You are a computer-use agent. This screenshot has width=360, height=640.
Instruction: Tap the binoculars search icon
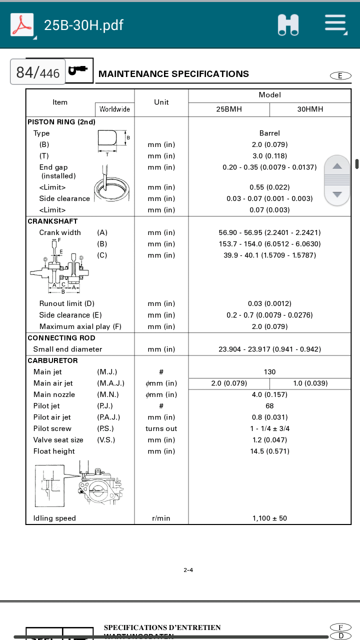click(288, 25)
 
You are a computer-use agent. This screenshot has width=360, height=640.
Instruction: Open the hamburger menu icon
click(335, 24)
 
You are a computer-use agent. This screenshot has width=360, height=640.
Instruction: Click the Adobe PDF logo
click(22, 25)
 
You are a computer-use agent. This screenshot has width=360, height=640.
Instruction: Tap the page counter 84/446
click(37, 73)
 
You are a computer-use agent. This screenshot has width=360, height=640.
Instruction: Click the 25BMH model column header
click(229, 109)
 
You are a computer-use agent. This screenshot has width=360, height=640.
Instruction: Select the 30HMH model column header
click(310, 109)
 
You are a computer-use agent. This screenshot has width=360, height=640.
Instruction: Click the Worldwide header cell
click(114, 109)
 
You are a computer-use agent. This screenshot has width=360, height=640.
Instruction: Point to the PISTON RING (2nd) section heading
click(61, 121)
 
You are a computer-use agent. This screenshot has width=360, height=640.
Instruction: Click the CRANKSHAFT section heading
click(52, 221)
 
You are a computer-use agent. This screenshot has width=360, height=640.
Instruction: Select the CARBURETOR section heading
click(52, 360)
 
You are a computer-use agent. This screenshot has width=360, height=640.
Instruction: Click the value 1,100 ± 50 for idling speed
click(269, 518)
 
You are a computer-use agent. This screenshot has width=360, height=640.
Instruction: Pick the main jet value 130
click(269, 372)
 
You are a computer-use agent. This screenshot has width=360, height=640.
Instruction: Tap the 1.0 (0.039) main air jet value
click(310, 383)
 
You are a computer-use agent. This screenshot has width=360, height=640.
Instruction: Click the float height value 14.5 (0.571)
click(269, 451)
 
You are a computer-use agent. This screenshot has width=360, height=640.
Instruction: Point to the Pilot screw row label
click(52, 428)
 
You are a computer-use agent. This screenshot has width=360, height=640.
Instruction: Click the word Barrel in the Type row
click(269, 133)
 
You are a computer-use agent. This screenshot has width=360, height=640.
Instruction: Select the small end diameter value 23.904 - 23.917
click(269, 349)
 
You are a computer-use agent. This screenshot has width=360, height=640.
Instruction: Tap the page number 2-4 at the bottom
click(188, 570)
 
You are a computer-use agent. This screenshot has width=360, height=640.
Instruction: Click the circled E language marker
click(340, 75)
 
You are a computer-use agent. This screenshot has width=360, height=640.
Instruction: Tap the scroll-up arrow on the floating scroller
click(337, 166)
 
